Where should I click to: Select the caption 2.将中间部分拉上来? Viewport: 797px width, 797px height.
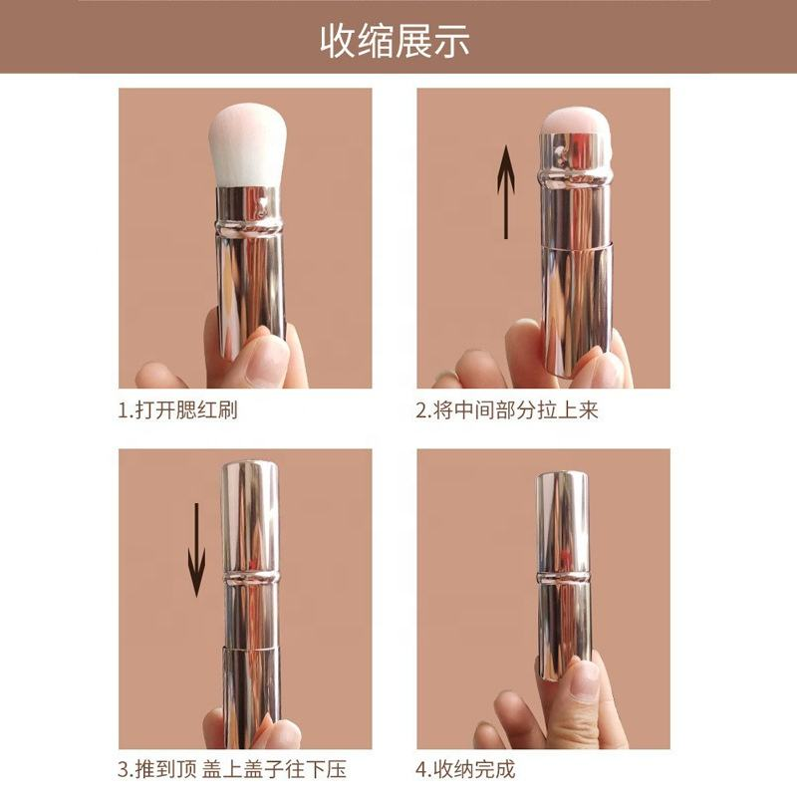tap(507, 409)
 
